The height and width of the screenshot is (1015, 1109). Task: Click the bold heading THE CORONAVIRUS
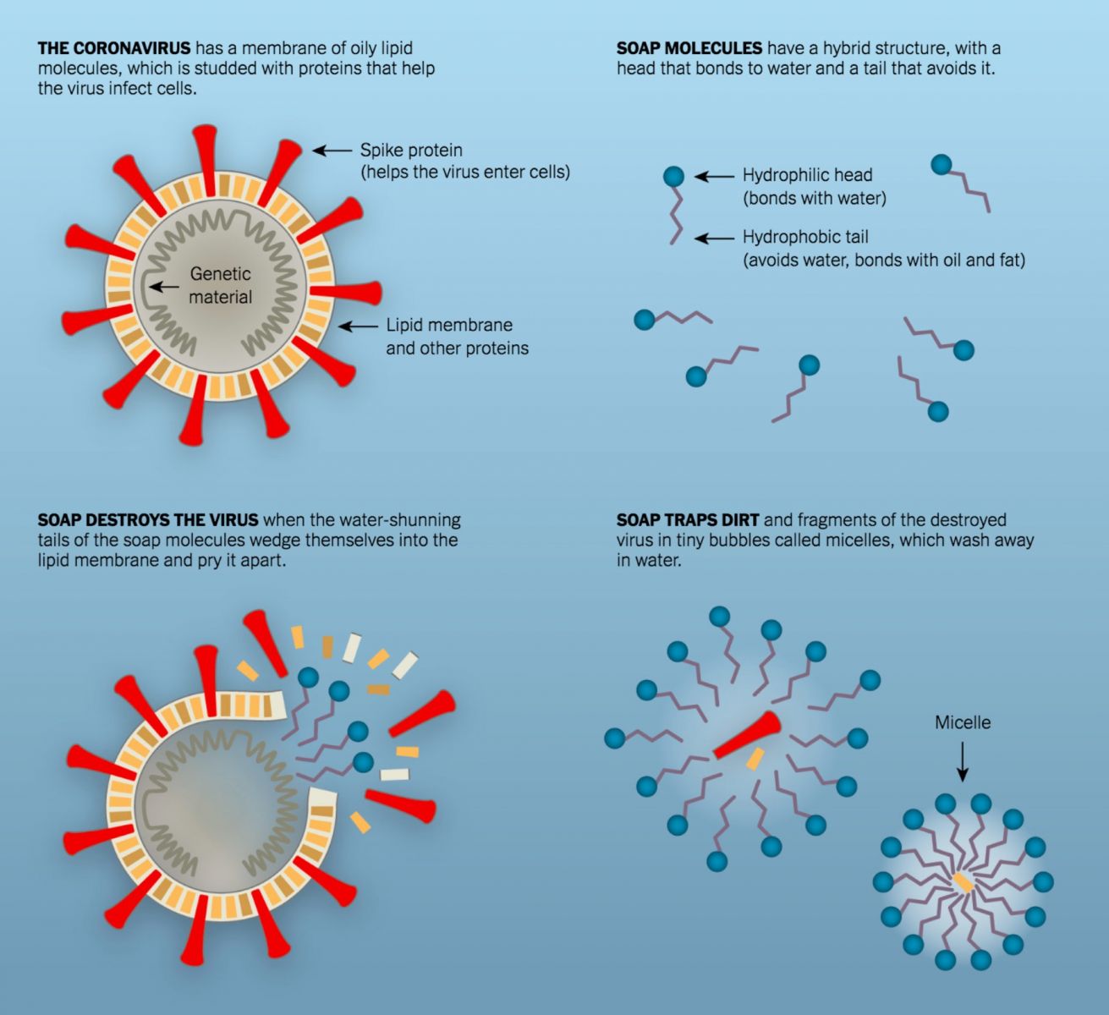[114, 48]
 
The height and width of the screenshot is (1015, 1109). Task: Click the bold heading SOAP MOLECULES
[689, 48]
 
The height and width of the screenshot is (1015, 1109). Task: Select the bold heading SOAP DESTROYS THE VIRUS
[148, 519]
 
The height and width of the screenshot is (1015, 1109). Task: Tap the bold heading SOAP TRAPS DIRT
[688, 519]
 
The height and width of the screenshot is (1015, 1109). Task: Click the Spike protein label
[411, 151]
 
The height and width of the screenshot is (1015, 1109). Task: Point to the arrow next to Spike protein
[332, 151]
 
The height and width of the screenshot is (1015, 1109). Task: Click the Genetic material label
[221, 285]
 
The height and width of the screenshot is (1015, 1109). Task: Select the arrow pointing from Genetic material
[164, 287]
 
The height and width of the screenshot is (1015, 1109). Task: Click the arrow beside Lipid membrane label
[358, 326]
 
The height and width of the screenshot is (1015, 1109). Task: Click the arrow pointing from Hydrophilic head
[714, 176]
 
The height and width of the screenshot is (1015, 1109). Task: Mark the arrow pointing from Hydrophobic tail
[714, 239]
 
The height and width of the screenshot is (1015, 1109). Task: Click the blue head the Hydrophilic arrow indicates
[673, 176]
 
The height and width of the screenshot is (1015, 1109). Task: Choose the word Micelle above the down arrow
[963, 722]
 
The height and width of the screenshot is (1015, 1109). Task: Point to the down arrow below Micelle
[963, 762]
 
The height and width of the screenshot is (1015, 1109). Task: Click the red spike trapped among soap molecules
[747, 734]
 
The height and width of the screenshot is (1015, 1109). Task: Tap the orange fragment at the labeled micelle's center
[963, 883]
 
